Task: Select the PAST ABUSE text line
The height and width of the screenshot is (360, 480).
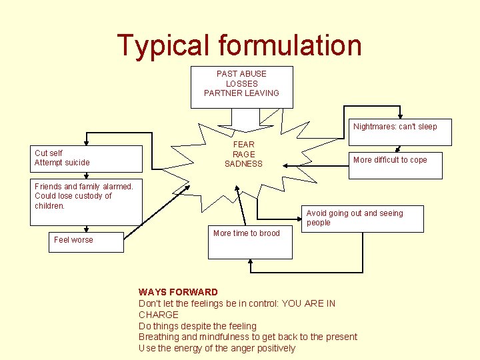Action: pos(241,74)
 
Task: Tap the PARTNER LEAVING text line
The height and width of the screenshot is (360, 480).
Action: pos(241,93)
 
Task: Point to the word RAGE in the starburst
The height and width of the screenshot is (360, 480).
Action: pos(243,154)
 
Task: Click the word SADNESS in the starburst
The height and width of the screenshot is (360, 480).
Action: pos(243,164)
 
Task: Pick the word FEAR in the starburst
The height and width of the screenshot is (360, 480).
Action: pos(243,144)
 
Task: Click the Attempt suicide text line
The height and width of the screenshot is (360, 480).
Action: pos(62,163)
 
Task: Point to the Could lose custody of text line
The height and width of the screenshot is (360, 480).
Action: pos(73,196)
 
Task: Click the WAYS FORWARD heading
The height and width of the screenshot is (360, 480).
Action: pos(178,292)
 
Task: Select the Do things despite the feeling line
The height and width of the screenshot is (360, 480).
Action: pos(197,326)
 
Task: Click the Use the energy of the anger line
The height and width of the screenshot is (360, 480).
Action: pos(217,348)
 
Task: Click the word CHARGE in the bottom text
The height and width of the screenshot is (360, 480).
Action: pos(159,315)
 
